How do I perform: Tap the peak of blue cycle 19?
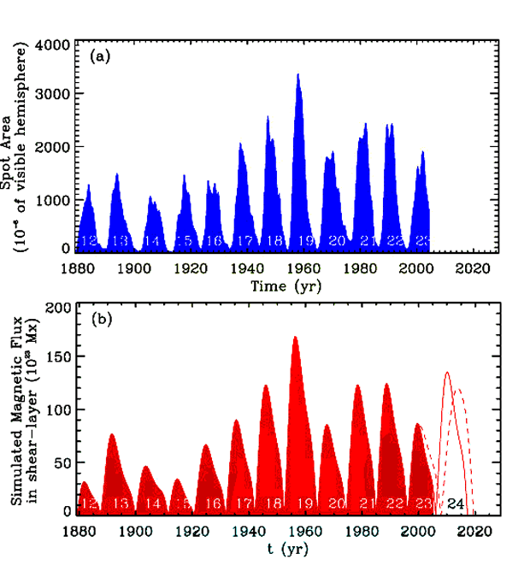point(297,74)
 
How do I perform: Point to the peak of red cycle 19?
point(295,337)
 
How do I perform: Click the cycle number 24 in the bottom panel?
point(456,504)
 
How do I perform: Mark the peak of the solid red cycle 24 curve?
point(447,372)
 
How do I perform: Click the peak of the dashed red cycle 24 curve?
point(459,390)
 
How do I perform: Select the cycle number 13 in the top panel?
point(120,242)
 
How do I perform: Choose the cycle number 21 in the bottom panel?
point(368,504)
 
